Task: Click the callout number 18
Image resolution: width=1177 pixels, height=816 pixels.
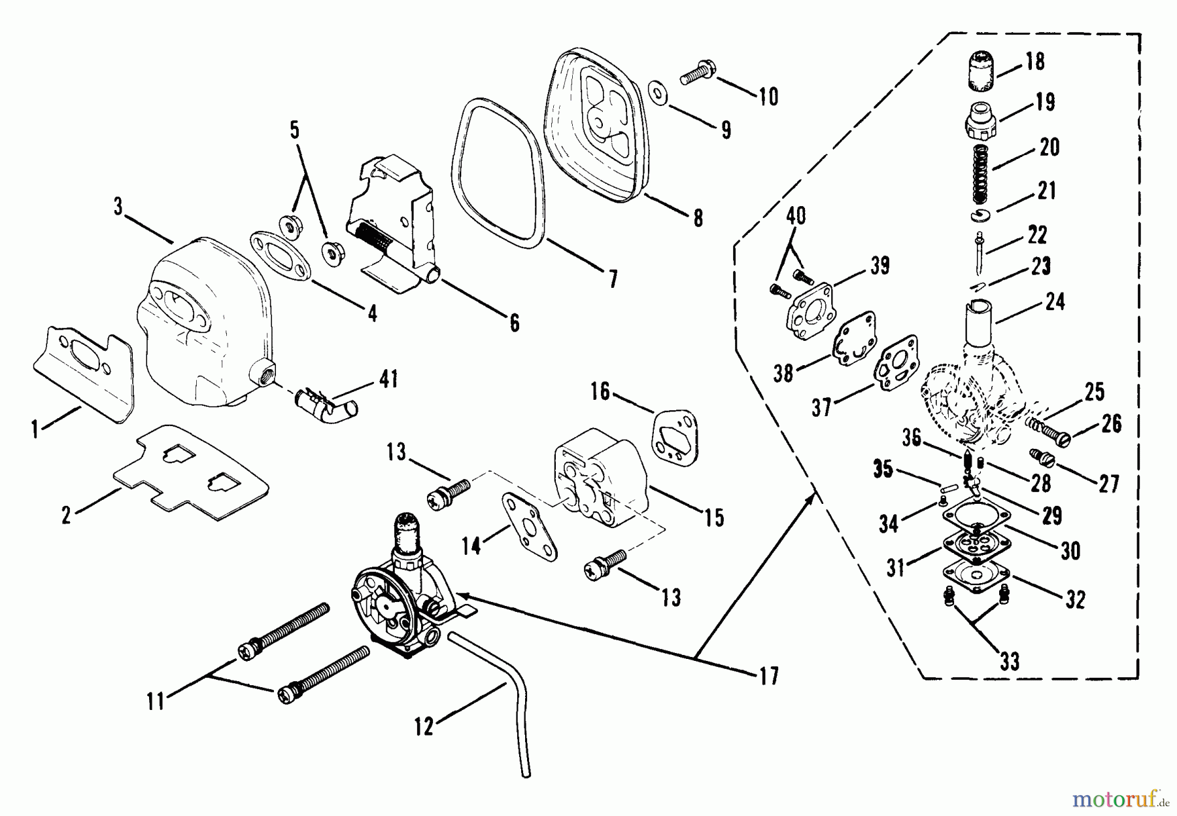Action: [x=1034, y=62]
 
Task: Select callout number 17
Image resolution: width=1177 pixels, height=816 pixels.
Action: [x=770, y=675]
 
